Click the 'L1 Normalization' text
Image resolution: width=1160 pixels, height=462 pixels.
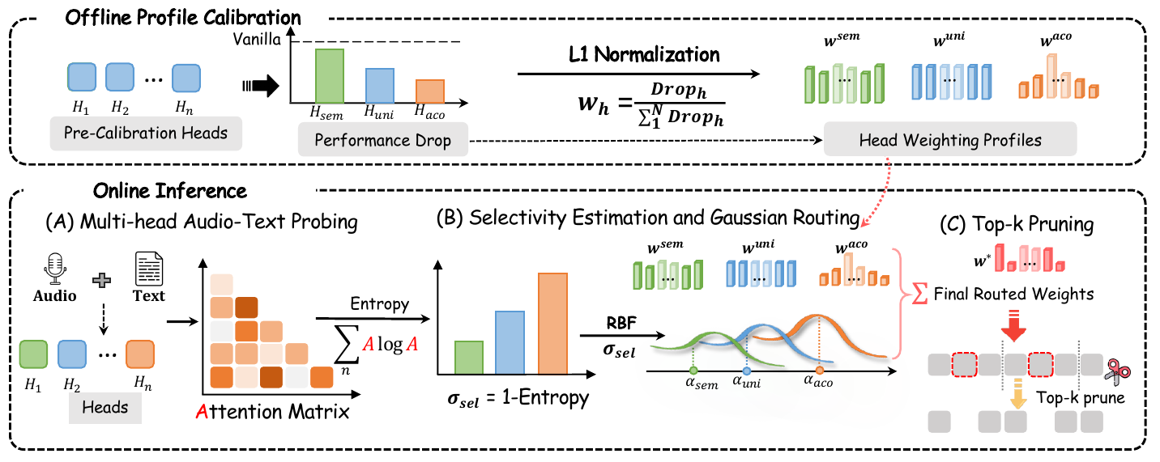pyautogui.click(x=643, y=55)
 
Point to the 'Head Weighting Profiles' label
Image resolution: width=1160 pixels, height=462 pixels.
pyautogui.click(x=949, y=140)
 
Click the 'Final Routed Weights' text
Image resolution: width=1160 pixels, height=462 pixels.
pyautogui.click(x=1025, y=295)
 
